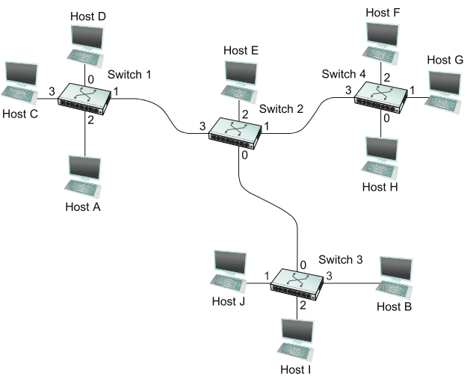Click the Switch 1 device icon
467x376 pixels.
point(84,97)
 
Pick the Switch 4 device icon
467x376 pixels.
point(380,97)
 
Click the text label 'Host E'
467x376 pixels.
point(241,51)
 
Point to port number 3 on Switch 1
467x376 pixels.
point(52,91)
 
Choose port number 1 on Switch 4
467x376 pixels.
point(412,90)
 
